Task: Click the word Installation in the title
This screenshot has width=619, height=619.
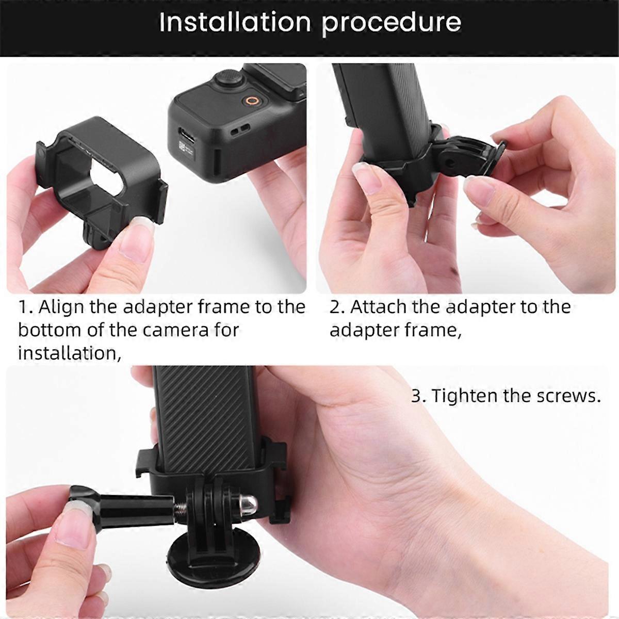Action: pyautogui.click(x=235, y=23)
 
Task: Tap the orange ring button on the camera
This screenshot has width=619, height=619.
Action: pyautogui.click(x=252, y=101)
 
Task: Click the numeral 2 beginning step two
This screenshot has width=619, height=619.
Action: pyautogui.click(x=335, y=307)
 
